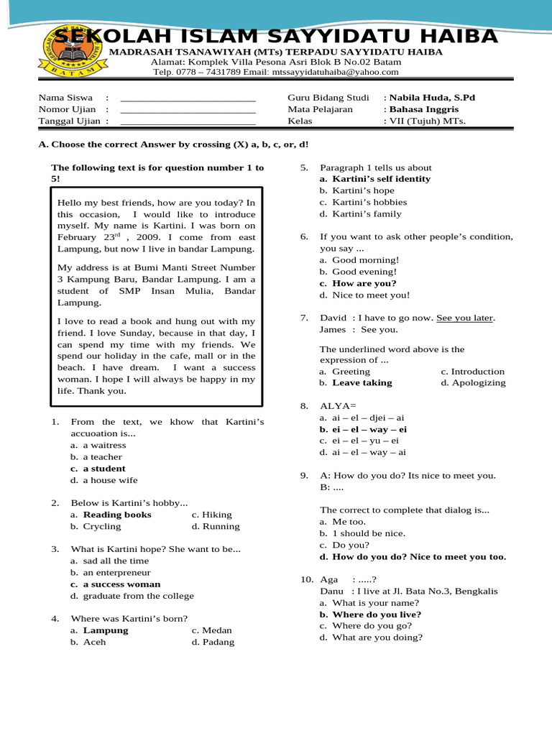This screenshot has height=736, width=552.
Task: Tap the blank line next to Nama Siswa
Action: coord(188,98)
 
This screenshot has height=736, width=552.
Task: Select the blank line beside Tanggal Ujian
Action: coord(188,121)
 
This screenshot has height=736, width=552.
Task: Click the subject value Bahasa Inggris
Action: coord(424,109)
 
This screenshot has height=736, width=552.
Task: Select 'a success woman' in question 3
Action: coord(121,584)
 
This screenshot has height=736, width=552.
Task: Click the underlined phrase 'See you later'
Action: coord(465,318)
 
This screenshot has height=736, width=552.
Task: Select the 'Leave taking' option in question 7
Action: coord(362,383)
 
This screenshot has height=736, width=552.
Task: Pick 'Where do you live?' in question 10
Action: coord(377,615)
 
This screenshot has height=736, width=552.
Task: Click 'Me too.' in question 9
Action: coord(349,522)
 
